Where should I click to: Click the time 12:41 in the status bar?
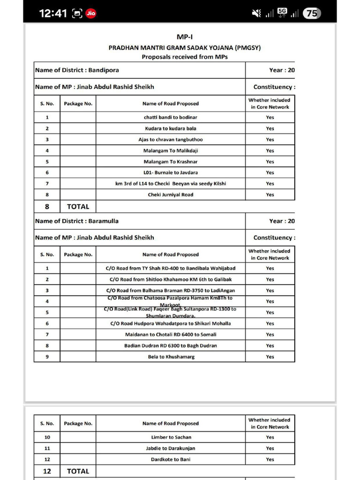click(x=53, y=14)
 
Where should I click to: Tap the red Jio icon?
click(x=91, y=14)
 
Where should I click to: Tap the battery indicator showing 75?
click(x=312, y=14)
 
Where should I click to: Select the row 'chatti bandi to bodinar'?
click(x=171, y=117)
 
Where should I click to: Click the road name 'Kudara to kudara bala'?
click(x=171, y=128)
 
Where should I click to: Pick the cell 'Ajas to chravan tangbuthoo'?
click(x=171, y=140)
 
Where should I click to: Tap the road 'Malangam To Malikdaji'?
click(x=171, y=150)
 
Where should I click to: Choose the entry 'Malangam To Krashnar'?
click(x=171, y=162)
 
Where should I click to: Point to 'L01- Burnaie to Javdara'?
click(x=171, y=172)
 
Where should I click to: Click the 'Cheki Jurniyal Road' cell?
click(x=171, y=195)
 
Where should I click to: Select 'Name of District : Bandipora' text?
click(x=77, y=70)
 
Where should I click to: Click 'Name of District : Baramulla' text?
click(x=77, y=221)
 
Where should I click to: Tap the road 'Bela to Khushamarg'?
click(x=171, y=357)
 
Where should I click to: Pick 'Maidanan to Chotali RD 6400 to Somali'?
click(x=171, y=335)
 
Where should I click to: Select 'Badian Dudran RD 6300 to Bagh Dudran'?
click(x=171, y=345)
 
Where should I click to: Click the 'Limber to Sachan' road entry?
click(x=171, y=437)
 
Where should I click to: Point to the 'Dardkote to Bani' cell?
click(x=171, y=459)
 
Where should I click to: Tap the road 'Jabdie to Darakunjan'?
click(x=171, y=448)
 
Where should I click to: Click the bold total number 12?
click(x=47, y=471)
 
